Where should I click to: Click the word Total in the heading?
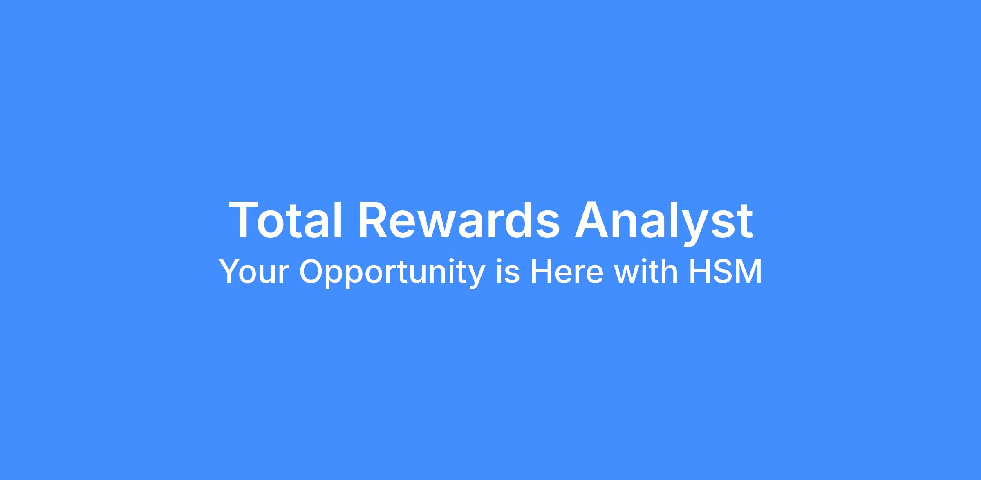pyautogui.click(x=285, y=219)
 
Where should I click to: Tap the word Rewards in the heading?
pyautogui.click(x=459, y=219)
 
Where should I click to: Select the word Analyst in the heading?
pyautogui.click(x=664, y=223)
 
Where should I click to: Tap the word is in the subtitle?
pyautogui.click(x=507, y=271)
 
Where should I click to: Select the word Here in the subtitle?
pyautogui.click(x=567, y=271)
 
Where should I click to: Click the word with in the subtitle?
pyautogui.click(x=646, y=271)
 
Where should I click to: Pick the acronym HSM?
pyautogui.click(x=725, y=271)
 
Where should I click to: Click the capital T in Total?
pyautogui.click(x=245, y=219)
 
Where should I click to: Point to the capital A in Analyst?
pyautogui.click(x=592, y=219)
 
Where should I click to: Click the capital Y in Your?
pyautogui.click(x=230, y=271)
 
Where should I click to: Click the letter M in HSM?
pyautogui.click(x=749, y=271)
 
